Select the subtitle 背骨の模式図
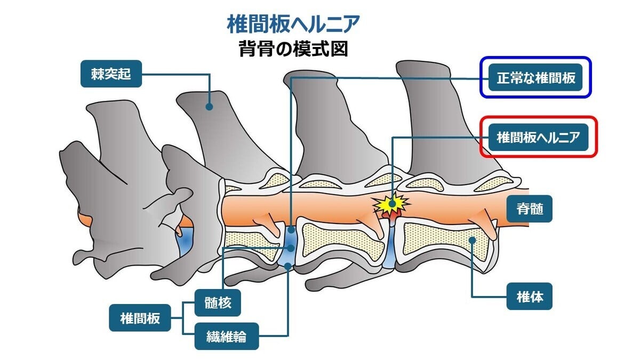click(x=293, y=49)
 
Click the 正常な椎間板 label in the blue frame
click(x=536, y=78)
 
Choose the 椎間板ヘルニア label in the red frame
click(x=538, y=137)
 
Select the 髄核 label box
click(x=218, y=303)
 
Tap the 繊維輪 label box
click(x=226, y=336)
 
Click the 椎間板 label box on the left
click(x=140, y=319)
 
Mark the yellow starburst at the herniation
click(x=392, y=203)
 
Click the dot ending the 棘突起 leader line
click(x=210, y=107)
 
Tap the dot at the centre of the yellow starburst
click(x=393, y=203)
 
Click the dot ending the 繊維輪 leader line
click(x=289, y=265)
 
